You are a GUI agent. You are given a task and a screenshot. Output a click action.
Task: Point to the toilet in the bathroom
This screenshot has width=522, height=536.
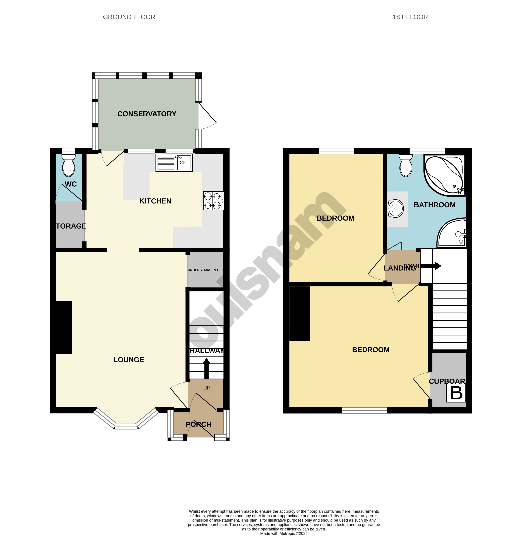(406, 166)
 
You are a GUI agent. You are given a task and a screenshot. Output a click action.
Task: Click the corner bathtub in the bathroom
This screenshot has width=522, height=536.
(444, 175)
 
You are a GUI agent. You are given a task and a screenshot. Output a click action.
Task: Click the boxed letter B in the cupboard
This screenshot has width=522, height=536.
(456, 393)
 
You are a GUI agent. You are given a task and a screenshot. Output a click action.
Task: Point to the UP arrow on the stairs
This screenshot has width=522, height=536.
(206, 369)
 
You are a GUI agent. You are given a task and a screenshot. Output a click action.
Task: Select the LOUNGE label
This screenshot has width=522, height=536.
(129, 360)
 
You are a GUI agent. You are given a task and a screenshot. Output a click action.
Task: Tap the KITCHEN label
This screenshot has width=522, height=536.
(155, 201)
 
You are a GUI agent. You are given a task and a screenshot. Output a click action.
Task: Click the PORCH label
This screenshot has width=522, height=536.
(199, 424)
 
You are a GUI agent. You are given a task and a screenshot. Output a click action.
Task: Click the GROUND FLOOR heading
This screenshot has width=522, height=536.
(129, 17)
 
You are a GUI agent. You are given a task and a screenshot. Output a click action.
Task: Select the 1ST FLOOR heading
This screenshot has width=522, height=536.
(410, 17)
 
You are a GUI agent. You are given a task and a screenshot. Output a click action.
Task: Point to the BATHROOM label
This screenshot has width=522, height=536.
(434, 205)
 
